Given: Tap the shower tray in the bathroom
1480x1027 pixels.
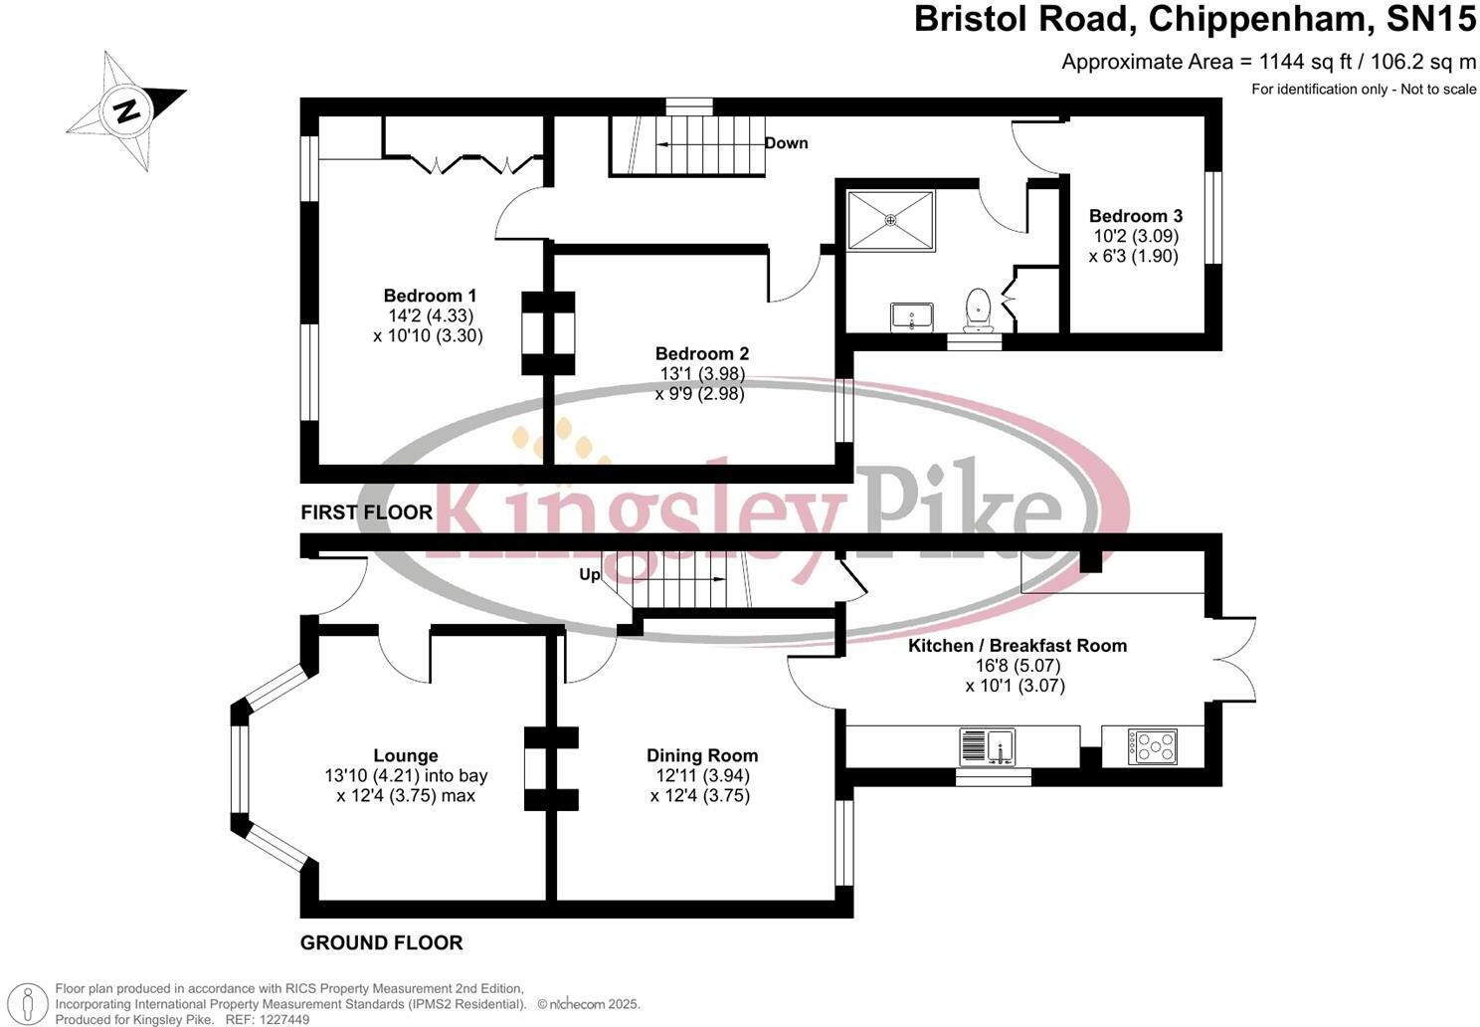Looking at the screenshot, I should click(890, 220).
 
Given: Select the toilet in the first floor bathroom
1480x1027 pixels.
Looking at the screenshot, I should click(977, 308).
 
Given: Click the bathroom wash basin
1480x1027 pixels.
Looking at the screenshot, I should click(910, 316).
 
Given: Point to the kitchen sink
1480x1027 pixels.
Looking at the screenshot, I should click(988, 746).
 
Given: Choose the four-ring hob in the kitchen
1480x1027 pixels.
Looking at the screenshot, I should click(1153, 746).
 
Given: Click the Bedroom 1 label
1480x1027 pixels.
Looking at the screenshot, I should click(430, 296).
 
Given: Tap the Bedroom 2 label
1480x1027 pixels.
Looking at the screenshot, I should click(702, 353).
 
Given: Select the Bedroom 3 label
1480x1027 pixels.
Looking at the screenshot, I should click(1136, 216).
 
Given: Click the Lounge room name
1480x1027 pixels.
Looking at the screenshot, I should click(406, 756).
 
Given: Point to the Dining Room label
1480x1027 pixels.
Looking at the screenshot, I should click(702, 756).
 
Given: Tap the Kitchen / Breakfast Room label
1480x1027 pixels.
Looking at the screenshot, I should click(1017, 646).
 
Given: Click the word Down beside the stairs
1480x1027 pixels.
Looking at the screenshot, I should click(786, 143).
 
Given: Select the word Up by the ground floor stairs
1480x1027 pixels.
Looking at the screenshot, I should click(590, 575).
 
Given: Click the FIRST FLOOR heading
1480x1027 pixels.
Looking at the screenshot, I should click(367, 513).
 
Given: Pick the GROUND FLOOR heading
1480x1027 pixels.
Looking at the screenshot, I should click(382, 942).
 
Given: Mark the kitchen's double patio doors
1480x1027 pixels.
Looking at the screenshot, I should click(1233, 658).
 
